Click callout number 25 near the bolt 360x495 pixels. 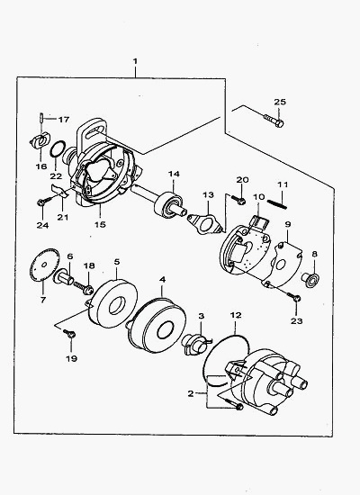pos(280,102)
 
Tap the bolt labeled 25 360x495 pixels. pos(274,120)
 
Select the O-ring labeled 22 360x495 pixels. pos(58,148)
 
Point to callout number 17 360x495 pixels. pos(64,120)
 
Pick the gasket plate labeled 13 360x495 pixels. pos(205,223)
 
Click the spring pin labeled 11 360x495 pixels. pos(277,204)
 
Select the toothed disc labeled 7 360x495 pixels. pos(45,265)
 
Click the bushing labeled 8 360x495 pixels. pos(312,279)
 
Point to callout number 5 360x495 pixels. pos(117,262)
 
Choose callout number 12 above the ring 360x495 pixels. pos(236,315)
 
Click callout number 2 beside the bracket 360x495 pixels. pos(191,393)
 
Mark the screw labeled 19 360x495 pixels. pos(69,333)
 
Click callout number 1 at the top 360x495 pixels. pos(135,61)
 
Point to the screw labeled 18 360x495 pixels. pos(84,288)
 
